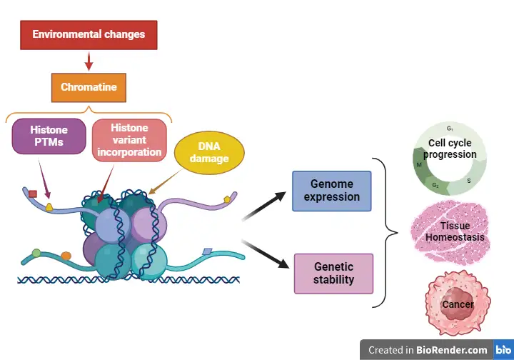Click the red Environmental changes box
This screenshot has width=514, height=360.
(x=89, y=34)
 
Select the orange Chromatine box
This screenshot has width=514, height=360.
(x=89, y=88)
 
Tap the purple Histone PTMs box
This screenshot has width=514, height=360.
(x=49, y=136)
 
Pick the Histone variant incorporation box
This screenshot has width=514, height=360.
(x=129, y=139)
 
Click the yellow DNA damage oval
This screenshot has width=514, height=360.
(x=208, y=152)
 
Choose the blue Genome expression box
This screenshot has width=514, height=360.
(x=332, y=191)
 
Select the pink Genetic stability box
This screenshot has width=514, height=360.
(x=333, y=274)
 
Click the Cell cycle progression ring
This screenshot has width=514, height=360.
(x=450, y=159)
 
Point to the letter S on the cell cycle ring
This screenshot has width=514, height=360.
(x=468, y=181)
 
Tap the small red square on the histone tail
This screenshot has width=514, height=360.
(x=33, y=193)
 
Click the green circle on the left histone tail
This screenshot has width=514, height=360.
(x=36, y=252)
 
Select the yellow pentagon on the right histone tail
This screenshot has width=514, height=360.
(x=227, y=199)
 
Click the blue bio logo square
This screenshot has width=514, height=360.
(x=502, y=349)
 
